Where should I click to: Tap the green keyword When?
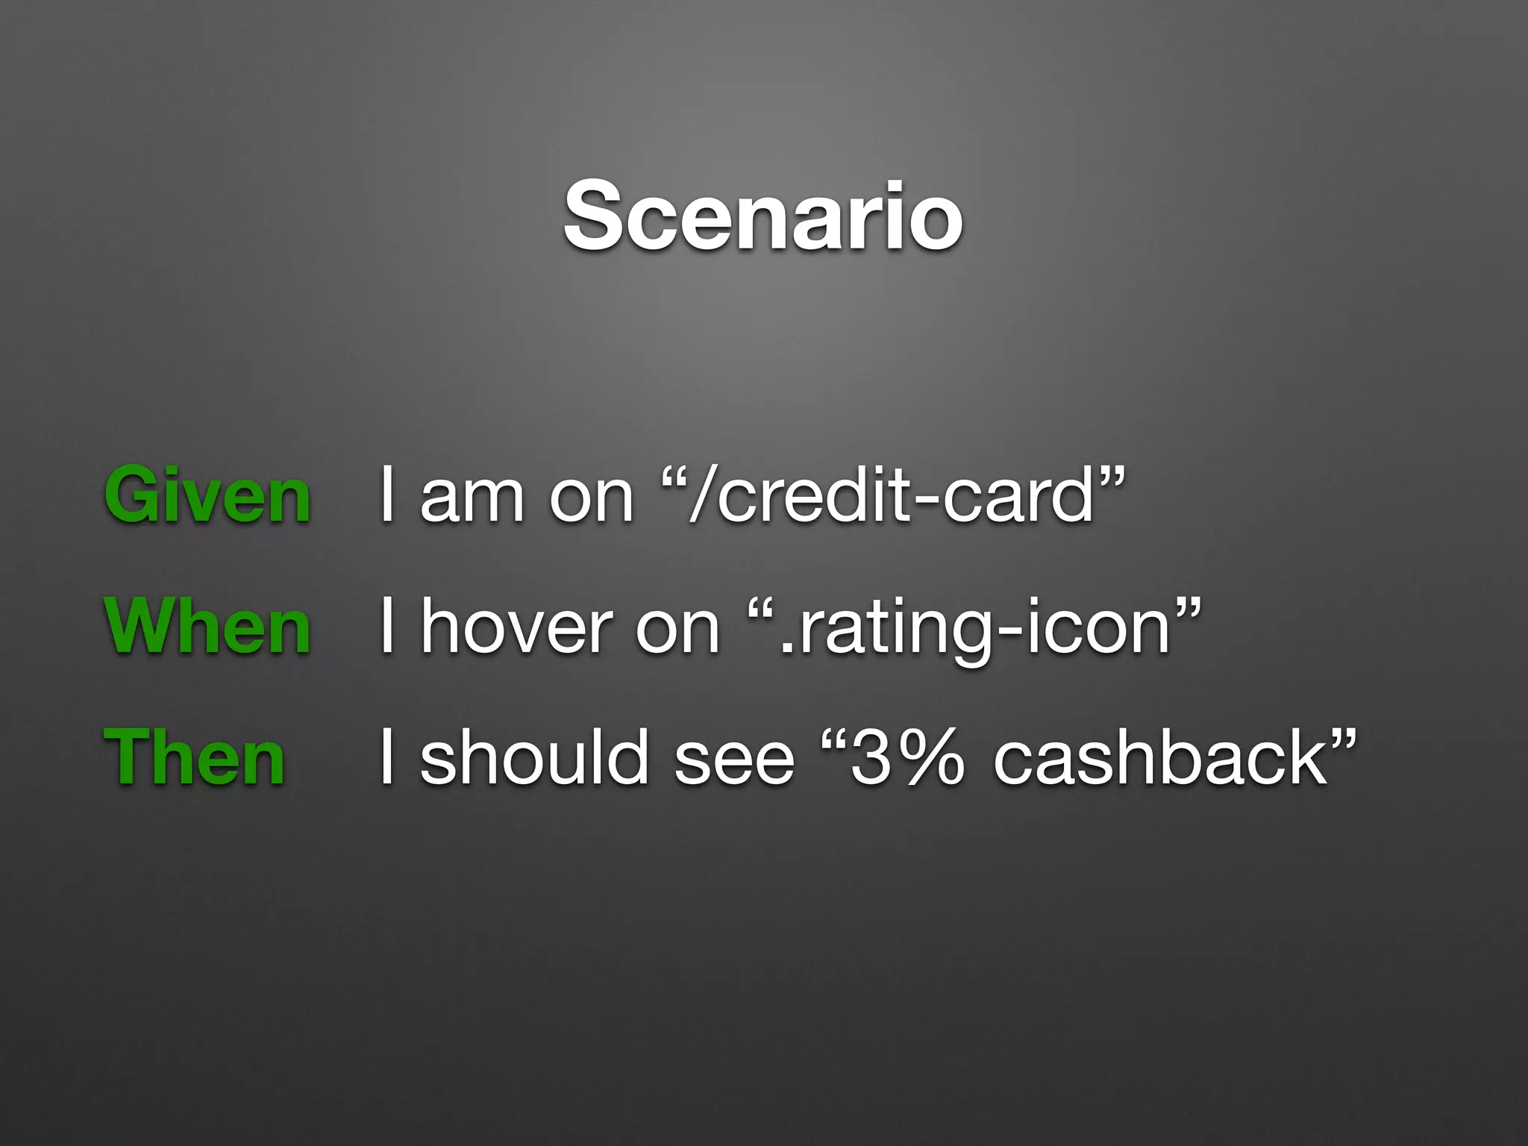pyautogui.click(x=207, y=627)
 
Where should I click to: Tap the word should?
pyautogui.click(x=533, y=759)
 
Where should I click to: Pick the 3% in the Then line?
pyautogui.click(x=907, y=759)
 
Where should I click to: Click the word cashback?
pyautogui.click(x=1160, y=759)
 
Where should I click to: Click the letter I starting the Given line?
pyautogui.click(x=386, y=495)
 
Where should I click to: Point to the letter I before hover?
pyautogui.click(x=386, y=626)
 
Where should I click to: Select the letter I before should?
pyautogui.click(x=386, y=757)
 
